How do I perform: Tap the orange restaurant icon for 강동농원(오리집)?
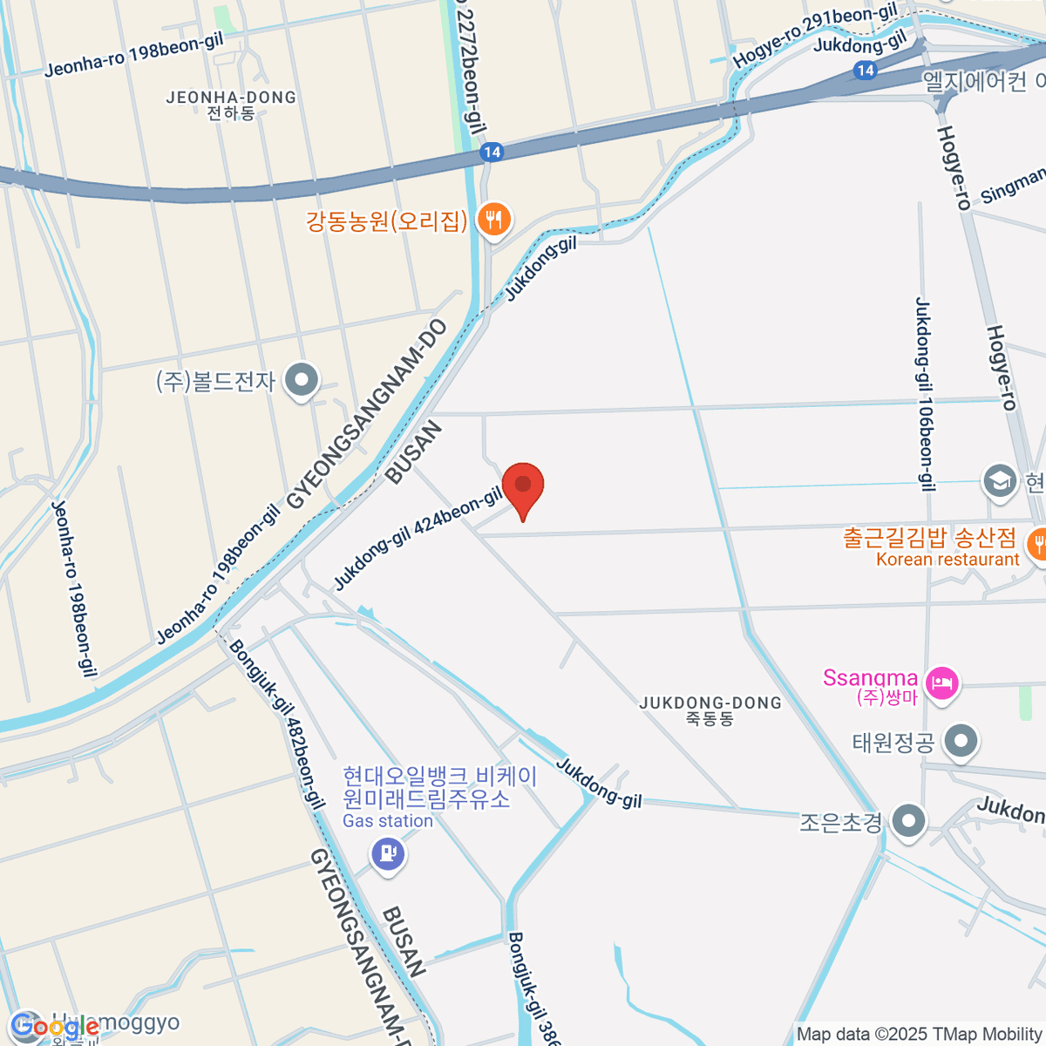[x=494, y=220]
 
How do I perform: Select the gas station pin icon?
[x=388, y=852]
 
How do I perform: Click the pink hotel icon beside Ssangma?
[x=942, y=681]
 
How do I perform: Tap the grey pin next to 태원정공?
[x=961, y=743]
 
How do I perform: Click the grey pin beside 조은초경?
[x=910, y=821]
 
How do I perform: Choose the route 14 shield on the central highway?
[x=492, y=153]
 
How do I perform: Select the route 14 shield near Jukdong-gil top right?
[x=865, y=71]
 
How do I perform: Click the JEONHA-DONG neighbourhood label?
[x=231, y=105]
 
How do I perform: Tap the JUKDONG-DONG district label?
[x=710, y=710]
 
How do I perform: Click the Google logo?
[x=56, y=1028]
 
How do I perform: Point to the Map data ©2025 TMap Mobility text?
[x=920, y=1035]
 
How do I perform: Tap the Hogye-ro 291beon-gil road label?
[x=815, y=35]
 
